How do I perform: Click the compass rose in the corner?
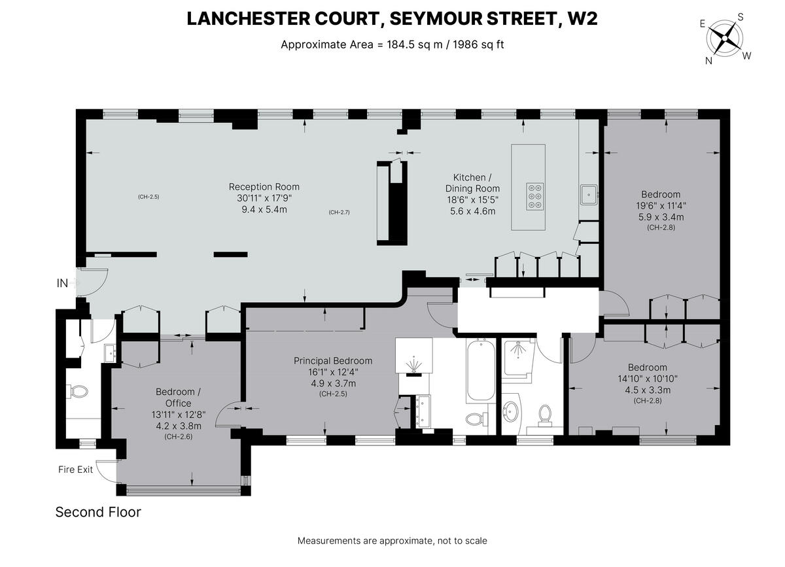724,38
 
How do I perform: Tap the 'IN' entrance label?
63,283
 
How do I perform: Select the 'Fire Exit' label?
76,469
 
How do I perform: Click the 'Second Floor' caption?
98,512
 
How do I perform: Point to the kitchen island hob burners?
534,196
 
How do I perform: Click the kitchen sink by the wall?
589,194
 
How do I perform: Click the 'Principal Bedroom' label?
332,360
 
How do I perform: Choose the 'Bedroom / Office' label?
178,397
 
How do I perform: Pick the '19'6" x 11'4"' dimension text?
661,205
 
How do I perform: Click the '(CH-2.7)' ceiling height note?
340,212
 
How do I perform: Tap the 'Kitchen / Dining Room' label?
470,183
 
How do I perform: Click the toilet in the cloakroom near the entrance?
78,392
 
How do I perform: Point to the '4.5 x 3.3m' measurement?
648,390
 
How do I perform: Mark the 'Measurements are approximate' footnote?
392,541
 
